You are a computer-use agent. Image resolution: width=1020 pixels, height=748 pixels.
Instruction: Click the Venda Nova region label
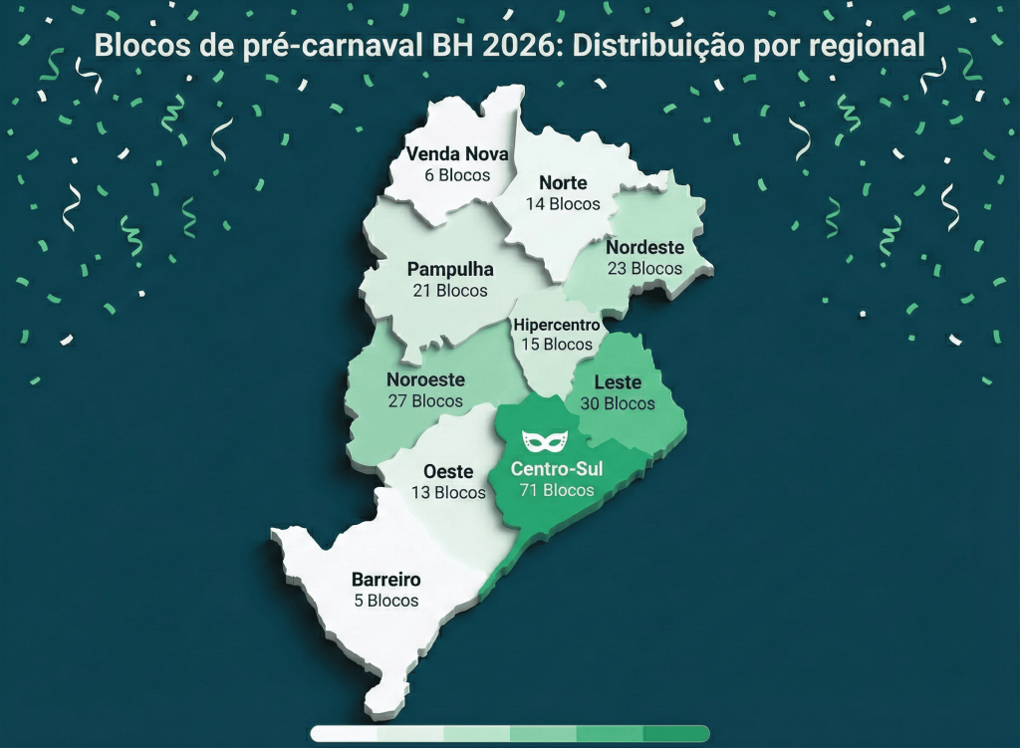pyautogui.click(x=457, y=154)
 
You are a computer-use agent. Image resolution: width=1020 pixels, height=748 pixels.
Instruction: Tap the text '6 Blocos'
pyautogui.click(x=457, y=175)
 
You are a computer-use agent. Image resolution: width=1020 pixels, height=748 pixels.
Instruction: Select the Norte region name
pyautogui.click(x=563, y=183)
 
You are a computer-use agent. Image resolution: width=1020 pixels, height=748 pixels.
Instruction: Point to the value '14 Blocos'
pyautogui.click(x=563, y=204)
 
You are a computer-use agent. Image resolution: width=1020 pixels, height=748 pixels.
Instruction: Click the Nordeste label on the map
pyautogui.click(x=644, y=247)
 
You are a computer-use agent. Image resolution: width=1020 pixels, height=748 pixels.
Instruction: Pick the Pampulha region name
pyautogui.click(x=450, y=269)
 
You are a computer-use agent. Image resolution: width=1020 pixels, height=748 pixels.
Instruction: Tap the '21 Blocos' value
pyautogui.click(x=450, y=291)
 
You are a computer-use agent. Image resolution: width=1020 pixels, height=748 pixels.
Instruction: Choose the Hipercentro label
pyautogui.click(x=556, y=325)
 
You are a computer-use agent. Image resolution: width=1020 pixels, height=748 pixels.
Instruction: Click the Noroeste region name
pyautogui.click(x=425, y=379)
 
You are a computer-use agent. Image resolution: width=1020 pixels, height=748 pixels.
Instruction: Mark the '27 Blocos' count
pyautogui.click(x=425, y=401)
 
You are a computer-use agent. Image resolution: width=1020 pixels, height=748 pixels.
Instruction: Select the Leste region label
pyautogui.click(x=618, y=382)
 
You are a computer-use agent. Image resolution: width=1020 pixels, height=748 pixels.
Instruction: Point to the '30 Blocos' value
pyautogui.click(x=618, y=403)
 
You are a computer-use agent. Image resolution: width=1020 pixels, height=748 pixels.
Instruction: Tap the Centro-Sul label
pyautogui.click(x=557, y=468)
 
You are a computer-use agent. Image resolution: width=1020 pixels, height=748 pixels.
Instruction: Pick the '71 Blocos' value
pyautogui.click(x=557, y=490)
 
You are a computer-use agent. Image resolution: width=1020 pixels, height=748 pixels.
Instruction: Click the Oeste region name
pyautogui.click(x=448, y=471)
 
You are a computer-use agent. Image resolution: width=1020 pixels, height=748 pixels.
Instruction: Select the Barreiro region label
pyautogui.click(x=385, y=580)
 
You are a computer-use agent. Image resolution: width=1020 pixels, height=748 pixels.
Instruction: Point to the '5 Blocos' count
pyautogui.click(x=385, y=601)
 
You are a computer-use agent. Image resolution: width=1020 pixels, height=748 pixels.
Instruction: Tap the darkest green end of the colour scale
pyautogui.click(x=687, y=734)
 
